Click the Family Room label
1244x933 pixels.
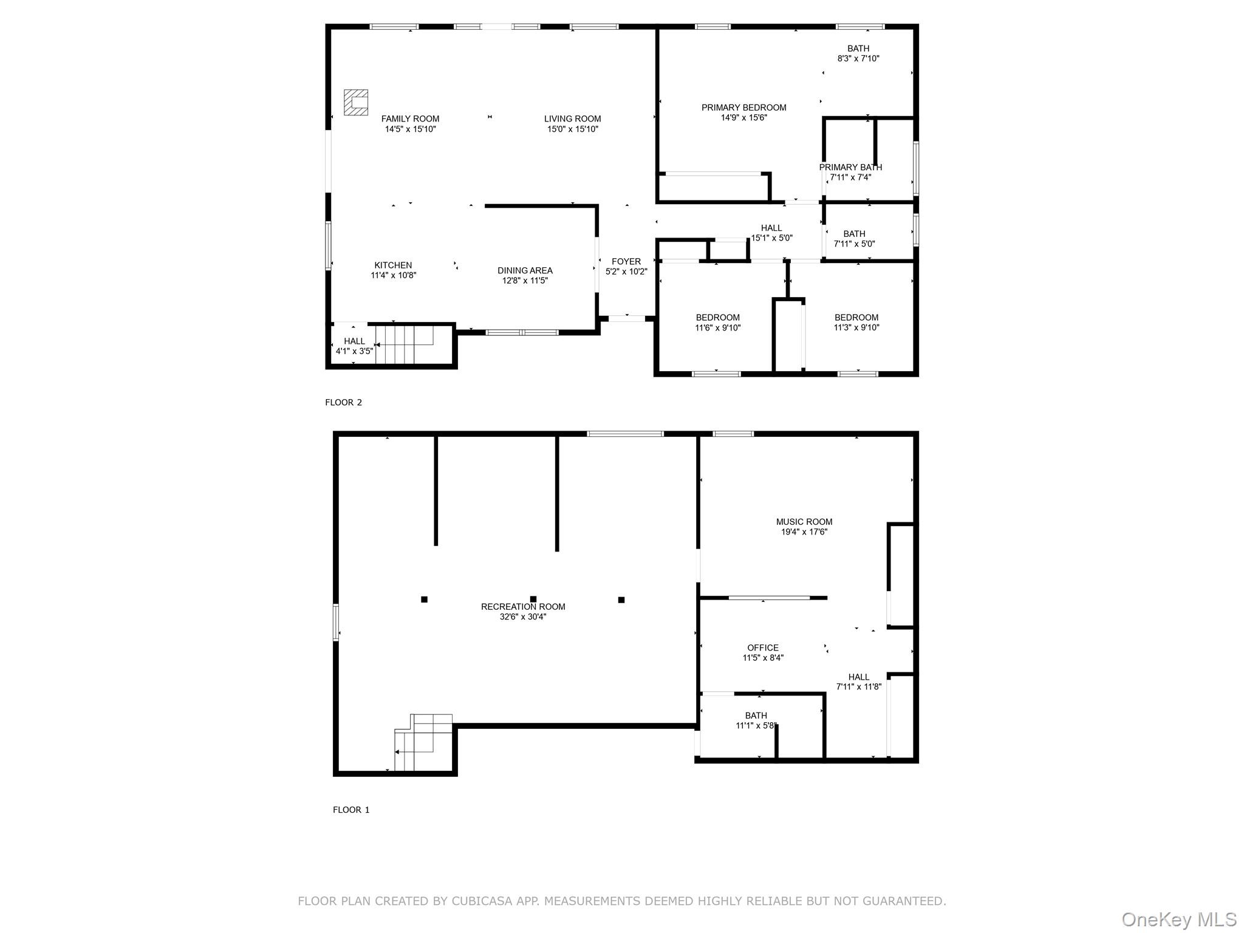point(410,119)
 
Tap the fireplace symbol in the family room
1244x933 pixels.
point(356,102)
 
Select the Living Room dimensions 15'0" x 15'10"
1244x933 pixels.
point(572,129)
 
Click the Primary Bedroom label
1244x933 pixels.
point(743,108)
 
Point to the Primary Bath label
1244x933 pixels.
point(850,167)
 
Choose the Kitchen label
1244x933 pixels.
point(393,265)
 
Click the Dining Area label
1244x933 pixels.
point(525,271)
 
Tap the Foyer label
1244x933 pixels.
point(626,262)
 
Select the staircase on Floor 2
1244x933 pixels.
point(403,344)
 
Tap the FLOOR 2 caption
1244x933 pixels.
point(343,402)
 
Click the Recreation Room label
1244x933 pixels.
point(523,607)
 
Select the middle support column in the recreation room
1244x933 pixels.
point(533,599)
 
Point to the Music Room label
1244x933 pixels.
point(804,522)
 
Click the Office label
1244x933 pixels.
point(763,648)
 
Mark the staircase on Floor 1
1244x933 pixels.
point(423,742)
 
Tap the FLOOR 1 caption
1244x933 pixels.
point(351,810)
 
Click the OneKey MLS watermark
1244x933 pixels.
point(1178,920)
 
